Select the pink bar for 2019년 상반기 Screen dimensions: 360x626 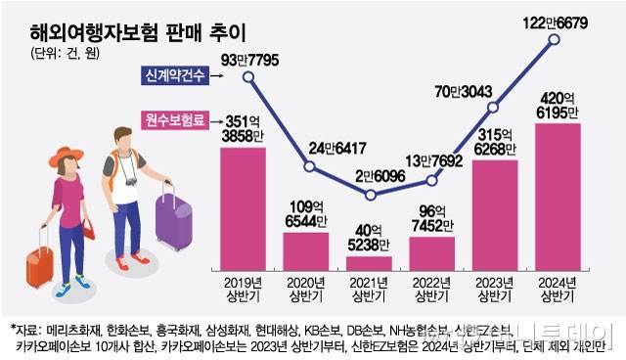(244, 210)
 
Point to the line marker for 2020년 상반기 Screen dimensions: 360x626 (309, 167)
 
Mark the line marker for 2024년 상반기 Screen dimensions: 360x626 (557, 39)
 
